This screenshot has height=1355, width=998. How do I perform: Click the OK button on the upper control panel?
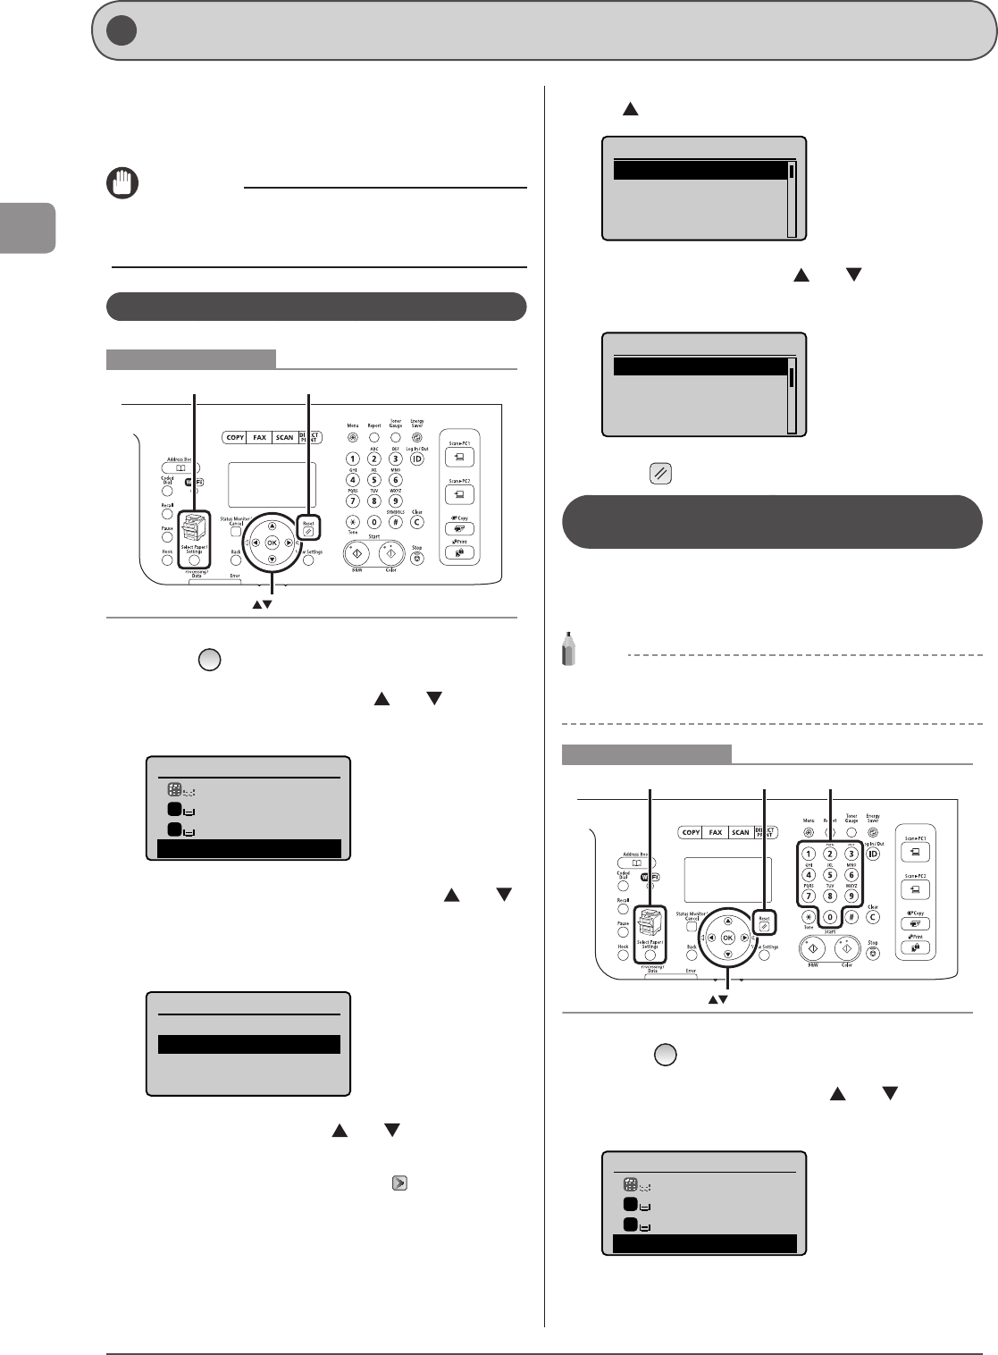tap(272, 543)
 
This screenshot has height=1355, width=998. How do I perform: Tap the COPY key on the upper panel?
tap(235, 437)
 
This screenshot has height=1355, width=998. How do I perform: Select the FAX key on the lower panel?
tap(716, 832)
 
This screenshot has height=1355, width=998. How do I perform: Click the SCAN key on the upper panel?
tap(284, 437)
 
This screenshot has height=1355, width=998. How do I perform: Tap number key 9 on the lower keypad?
tap(851, 896)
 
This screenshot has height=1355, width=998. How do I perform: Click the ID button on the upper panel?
tap(416, 459)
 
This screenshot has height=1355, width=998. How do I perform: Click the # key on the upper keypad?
tap(395, 522)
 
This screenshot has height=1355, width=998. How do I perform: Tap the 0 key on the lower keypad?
tap(830, 917)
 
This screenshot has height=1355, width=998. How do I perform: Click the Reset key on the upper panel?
tap(308, 530)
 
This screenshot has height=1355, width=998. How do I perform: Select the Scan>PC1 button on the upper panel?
tap(458, 457)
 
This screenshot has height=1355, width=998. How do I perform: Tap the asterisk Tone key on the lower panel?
tap(809, 917)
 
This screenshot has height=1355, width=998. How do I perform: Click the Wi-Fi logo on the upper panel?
tap(194, 483)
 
